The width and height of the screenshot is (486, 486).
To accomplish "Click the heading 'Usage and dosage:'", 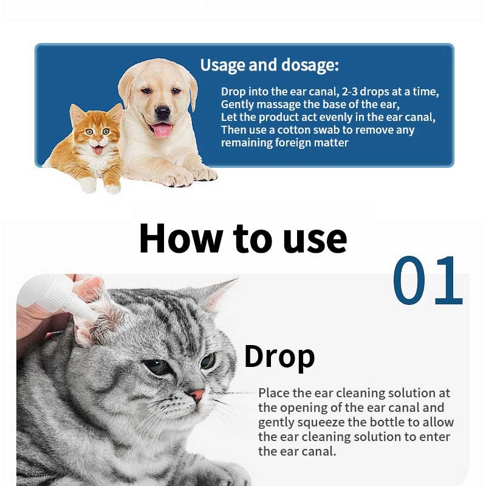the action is coord(269,66).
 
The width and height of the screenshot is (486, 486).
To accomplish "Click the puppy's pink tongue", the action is coord(162,130).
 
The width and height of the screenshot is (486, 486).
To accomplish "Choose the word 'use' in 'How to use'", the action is coord(315,241).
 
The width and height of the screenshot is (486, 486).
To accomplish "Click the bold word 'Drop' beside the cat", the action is coord(279,357).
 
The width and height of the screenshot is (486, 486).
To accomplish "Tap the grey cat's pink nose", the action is coord(197,394).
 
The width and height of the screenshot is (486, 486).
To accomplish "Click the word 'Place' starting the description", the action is coord(274,392).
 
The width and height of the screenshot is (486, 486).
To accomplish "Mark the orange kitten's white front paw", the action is coord(87,185).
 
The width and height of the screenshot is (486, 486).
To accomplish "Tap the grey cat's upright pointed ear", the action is coord(217,295).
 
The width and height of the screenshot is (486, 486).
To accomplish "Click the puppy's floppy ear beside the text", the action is coord(193,92).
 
